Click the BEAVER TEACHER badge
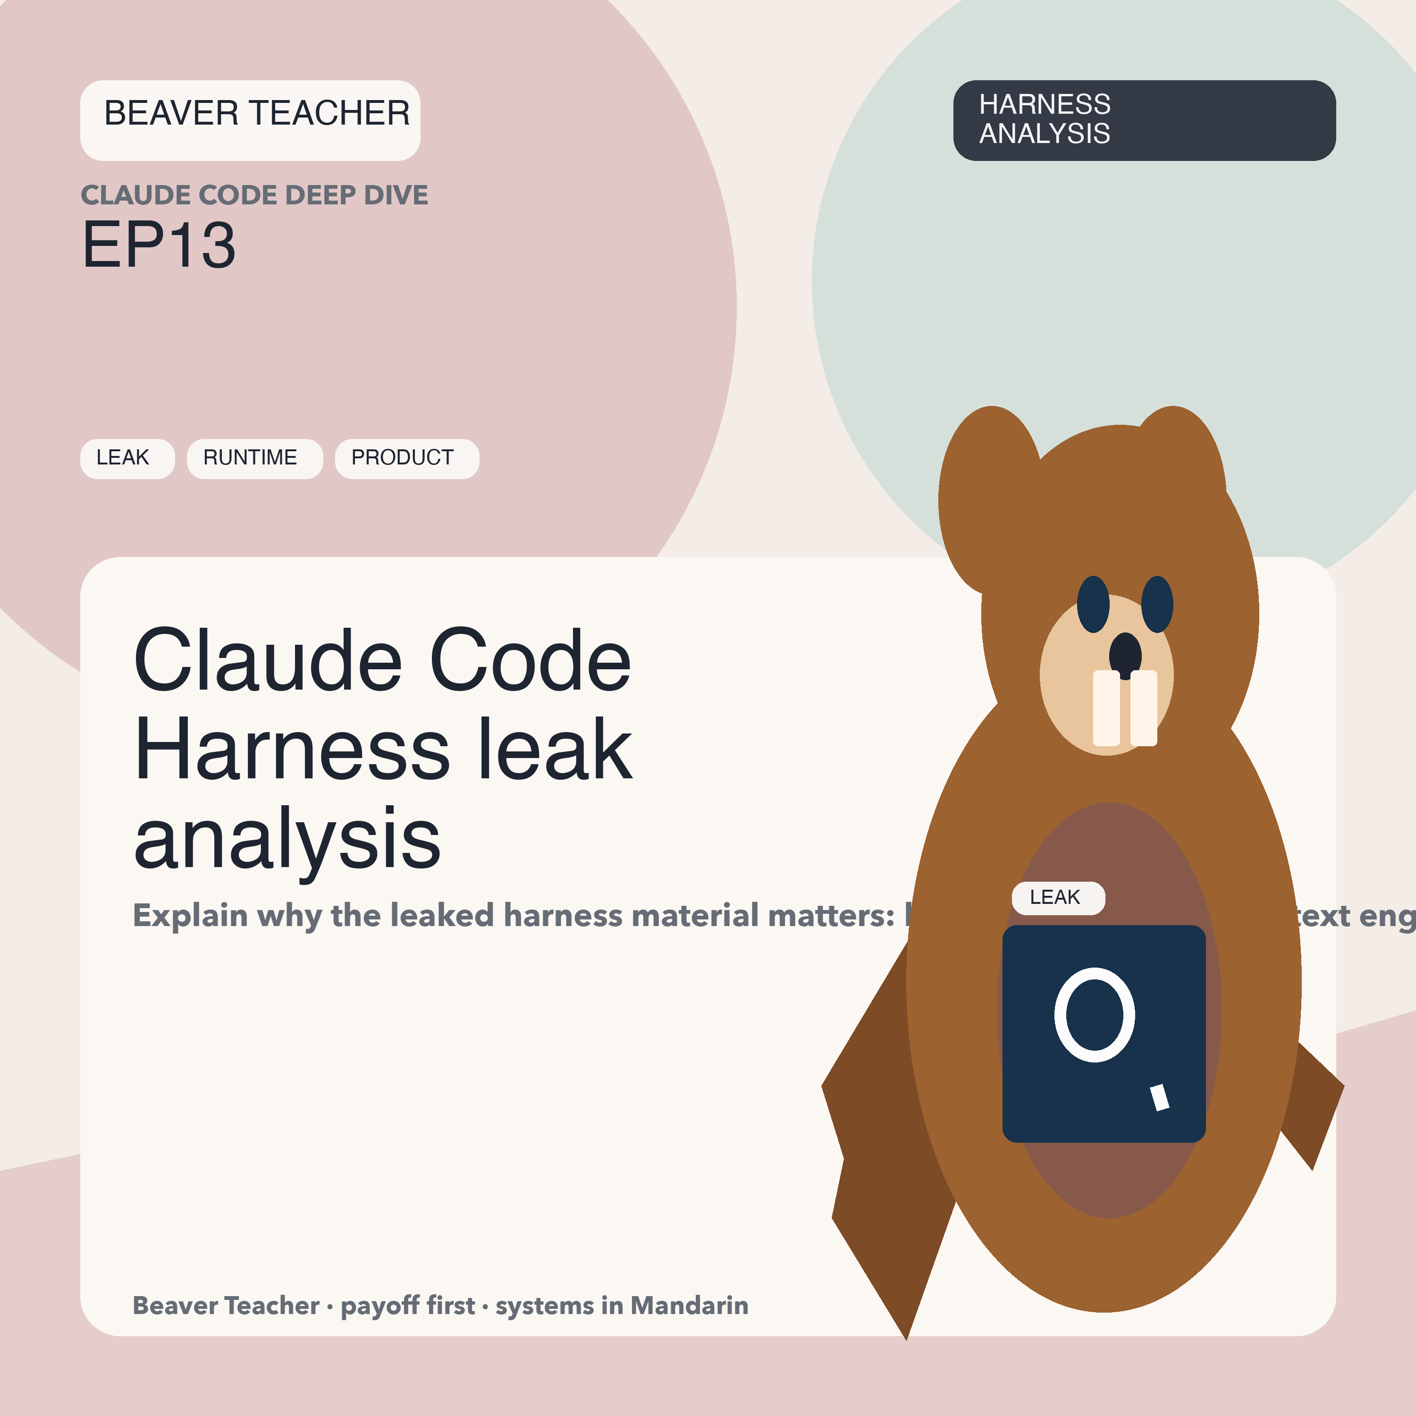click(x=250, y=120)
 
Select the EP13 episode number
click(x=159, y=245)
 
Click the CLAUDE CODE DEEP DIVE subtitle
click(x=254, y=195)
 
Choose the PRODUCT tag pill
click(x=407, y=458)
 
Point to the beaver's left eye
click(x=1093, y=605)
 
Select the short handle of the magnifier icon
click(x=1160, y=1097)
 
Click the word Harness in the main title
click(x=292, y=749)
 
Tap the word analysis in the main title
click(x=287, y=838)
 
